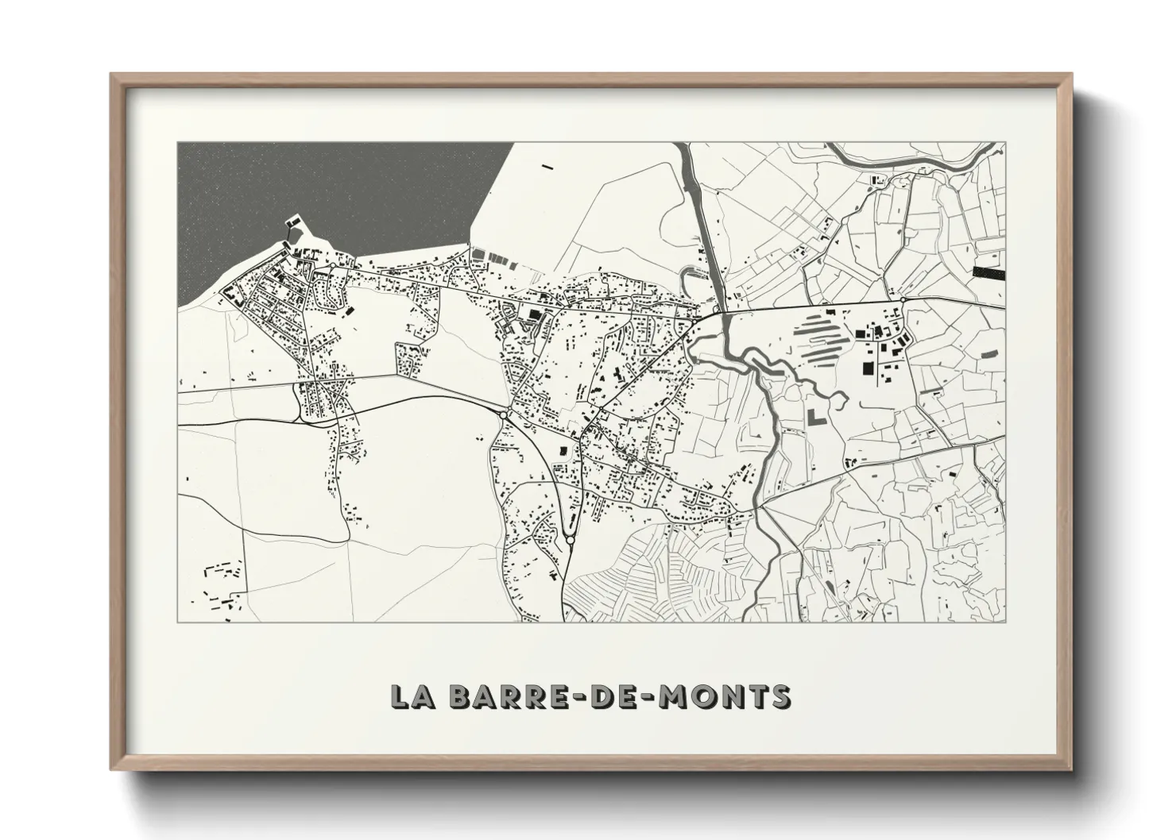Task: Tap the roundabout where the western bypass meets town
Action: pyautogui.click(x=505, y=414)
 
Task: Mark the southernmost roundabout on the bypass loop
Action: pyautogui.click(x=571, y=540)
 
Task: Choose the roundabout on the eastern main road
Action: pyautogui.click(x=903, y=300)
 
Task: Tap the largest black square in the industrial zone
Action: pyautogui.click(x=866, y=368)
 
